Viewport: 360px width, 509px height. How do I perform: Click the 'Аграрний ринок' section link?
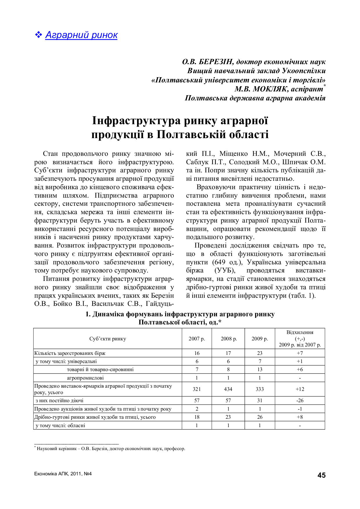[81, 35]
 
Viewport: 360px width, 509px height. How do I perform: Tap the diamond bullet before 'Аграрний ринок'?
[38, 35]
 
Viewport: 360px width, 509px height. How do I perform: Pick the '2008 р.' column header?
[228, 339]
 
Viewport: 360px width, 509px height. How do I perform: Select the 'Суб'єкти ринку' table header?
[108, 339]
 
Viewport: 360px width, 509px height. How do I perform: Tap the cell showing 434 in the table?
[228, 389]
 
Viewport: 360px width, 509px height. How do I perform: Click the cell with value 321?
[197, 389]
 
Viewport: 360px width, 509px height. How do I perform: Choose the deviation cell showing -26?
[300, 400]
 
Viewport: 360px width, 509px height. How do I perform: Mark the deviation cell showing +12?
[300, 389]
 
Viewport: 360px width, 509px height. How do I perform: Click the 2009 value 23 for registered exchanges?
[260, 353]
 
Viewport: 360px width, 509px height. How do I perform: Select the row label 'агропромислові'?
[85, 378]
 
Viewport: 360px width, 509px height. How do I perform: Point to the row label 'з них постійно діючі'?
[60, 400]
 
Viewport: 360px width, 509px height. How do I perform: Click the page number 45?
[321, 475]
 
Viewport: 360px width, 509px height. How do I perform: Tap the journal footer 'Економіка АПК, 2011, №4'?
[63, 474]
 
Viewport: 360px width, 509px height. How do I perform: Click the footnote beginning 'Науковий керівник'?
[110, 449]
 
